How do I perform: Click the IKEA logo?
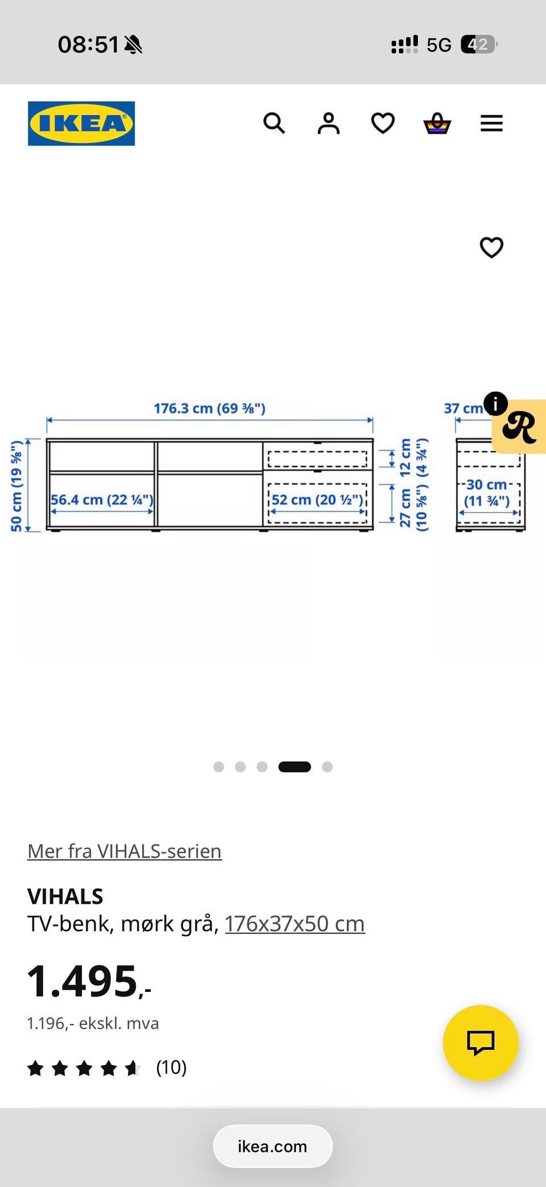point(81,123)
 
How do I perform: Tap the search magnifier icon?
point(274,123)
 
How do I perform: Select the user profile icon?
point(328,123)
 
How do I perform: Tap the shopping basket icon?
point(437,123)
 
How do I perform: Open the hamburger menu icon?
point(491,123)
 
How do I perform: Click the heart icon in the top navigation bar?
point(383,123)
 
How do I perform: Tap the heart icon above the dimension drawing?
point(491,247)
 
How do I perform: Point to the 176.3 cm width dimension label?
point(209,408)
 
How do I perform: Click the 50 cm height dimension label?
point(16,486)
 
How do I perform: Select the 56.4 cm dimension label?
point(102,500)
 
